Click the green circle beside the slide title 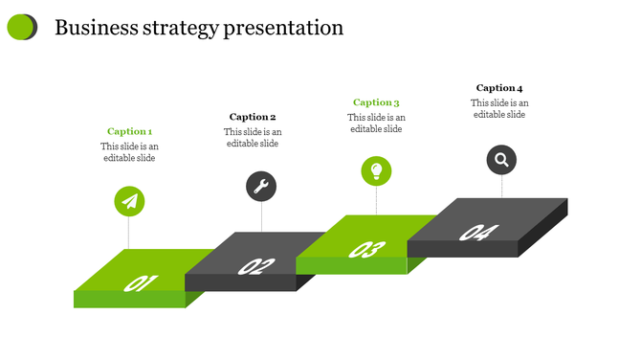click(20, 28)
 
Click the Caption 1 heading click(129, 131)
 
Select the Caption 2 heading click(253, 117)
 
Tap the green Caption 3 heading click(376, 102)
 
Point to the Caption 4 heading click(499, 88)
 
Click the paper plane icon click(130, 201)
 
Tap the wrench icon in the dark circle click(261, 186)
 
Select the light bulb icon click(376, 171)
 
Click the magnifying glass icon click(501, 159)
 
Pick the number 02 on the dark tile click(255, 266)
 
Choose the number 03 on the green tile click(366, 250)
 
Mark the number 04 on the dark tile click(478, 233)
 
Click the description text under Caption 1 click(129, 152)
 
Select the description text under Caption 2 click(253, 138)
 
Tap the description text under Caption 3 click(376, 124)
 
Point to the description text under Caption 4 click(499, 108)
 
